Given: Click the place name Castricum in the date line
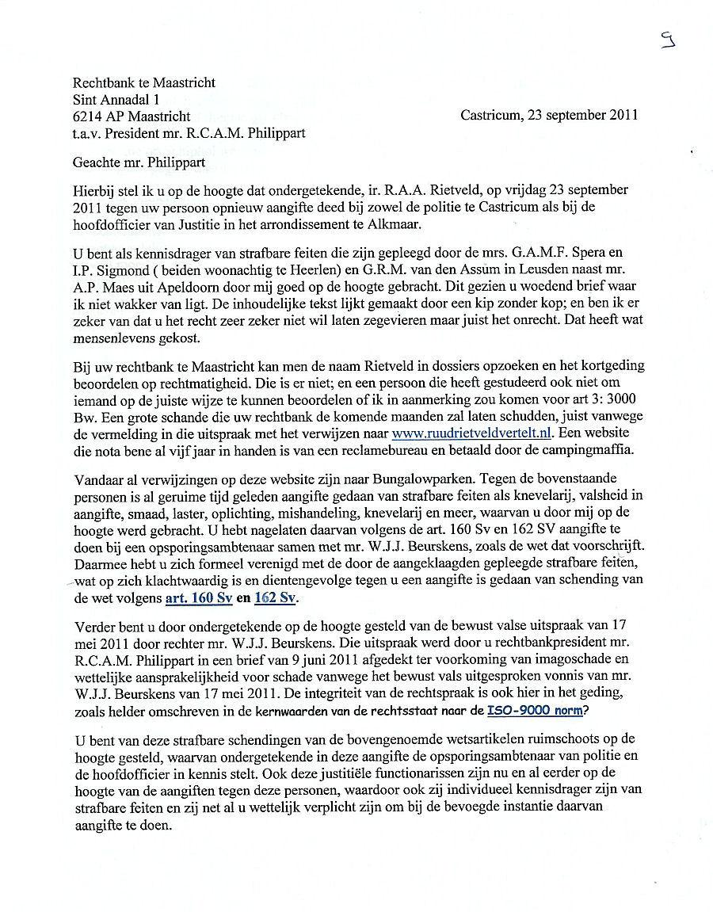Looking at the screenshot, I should coord(490,115).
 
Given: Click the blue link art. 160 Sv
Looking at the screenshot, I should coord(199,597).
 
